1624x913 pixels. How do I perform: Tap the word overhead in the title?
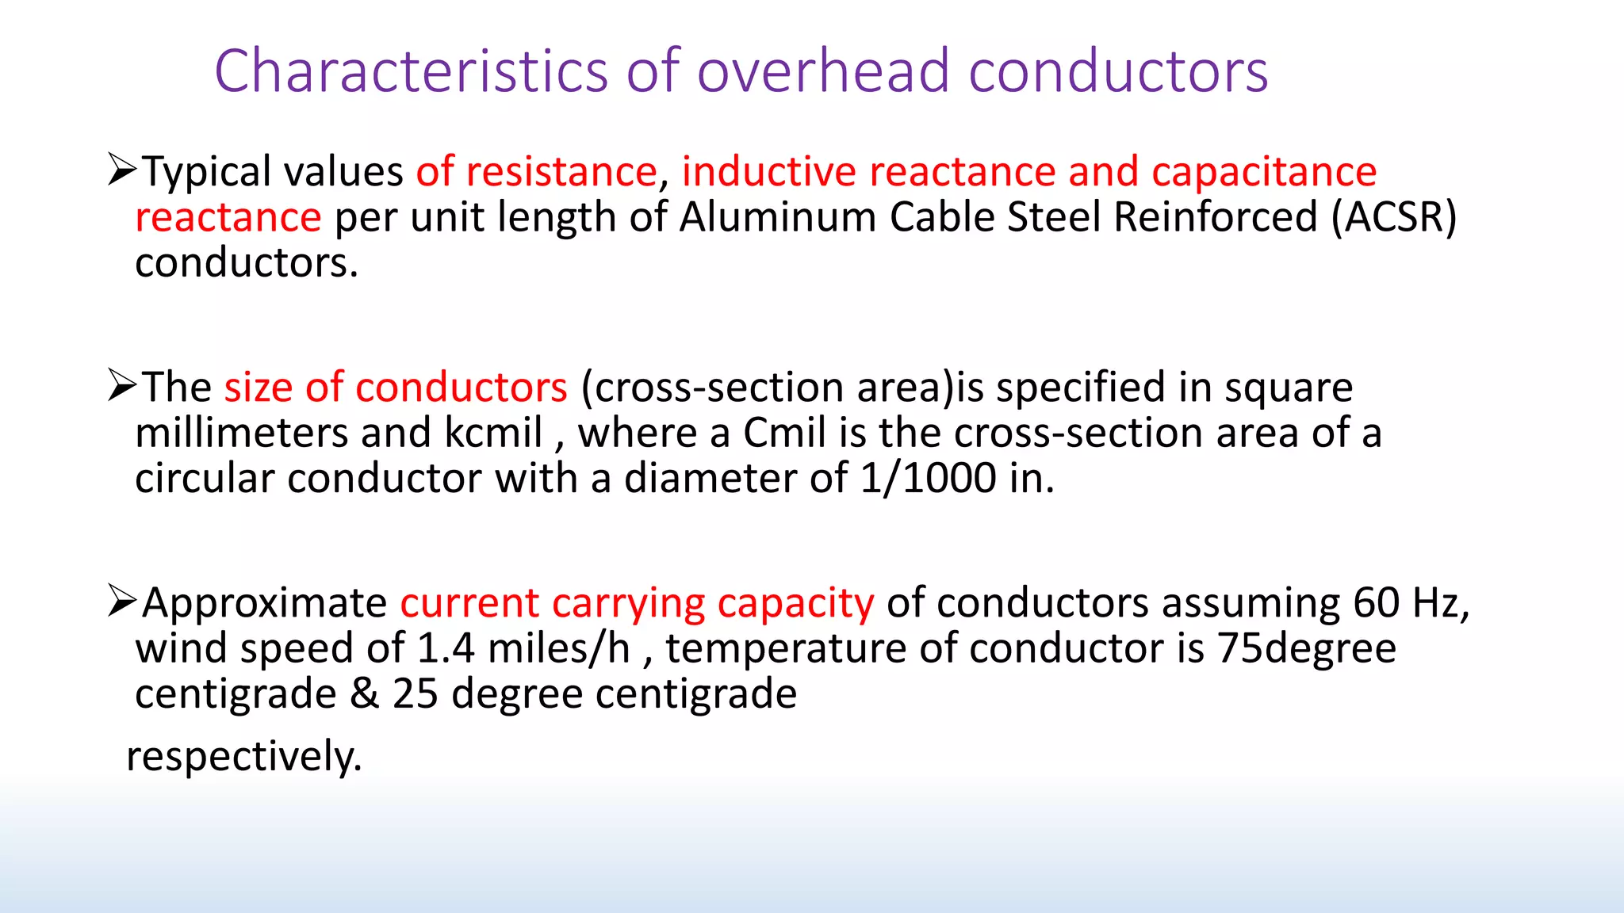pyautogui.click(x=823, y=71)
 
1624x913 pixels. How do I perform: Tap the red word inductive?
pyautogui.click(x=768, y=172)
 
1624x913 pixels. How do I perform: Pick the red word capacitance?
pyautogui.click(x=1264, y=172)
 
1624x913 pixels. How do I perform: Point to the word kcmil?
pyautogui.click(x=493, y=433)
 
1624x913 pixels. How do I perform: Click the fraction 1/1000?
pyautogui.click(x=928, y=478)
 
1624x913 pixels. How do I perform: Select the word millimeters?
pyautogui.click(x=241, y=433)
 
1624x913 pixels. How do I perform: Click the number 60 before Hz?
pyautogui.click(x=1376, y=603)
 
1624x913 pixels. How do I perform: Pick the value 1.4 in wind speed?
pyautogui.click(x=445, y=648)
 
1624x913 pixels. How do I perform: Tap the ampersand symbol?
pyautogui.click(x=364, y=693)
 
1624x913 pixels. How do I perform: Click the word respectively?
pyautogui.click(x=243, y=755)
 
